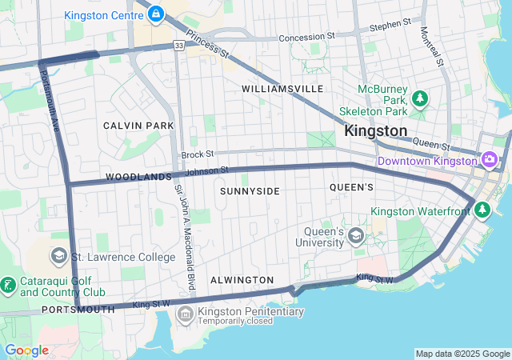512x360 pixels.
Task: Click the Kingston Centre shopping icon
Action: (x=155, y=14)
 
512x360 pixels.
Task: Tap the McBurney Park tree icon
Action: (x=420, y=98)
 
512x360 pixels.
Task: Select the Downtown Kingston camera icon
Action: (x=489, y=160)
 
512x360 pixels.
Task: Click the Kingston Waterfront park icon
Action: (x=482, y=210)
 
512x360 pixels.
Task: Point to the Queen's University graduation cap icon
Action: (x=355, y=235)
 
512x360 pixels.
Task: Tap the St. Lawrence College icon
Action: (x=58, y=257)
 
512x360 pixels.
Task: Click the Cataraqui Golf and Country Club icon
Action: (x=7, y=285)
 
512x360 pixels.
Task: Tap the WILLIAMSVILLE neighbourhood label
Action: (x=282, y=88)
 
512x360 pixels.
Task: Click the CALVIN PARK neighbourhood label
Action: (x=138, y=126)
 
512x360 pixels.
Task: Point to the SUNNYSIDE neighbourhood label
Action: (x=250, y=191)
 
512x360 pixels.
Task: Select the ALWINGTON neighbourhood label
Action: (x=242, y=280)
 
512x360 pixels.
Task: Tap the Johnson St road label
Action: (x=207, y=170)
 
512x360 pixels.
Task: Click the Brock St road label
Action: (x=198, y=154)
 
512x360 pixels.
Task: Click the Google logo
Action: (x=26, y=350)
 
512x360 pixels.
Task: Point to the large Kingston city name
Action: (x=375, y=130)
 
